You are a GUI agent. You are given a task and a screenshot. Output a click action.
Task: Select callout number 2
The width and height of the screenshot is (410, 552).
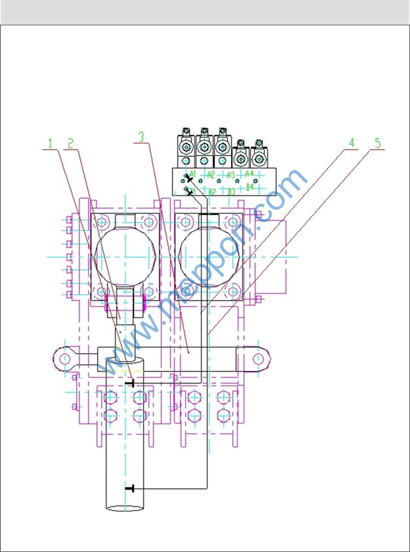coord(70,142)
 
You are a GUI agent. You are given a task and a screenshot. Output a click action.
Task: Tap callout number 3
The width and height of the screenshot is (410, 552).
coord(141,137)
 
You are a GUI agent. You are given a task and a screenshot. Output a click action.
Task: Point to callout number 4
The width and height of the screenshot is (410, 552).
coord(352,142)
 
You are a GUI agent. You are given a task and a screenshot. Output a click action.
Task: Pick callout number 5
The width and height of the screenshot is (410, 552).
coord(377,142)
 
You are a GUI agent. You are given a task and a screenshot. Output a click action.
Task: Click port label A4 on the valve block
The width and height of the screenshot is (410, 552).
coord(249,174)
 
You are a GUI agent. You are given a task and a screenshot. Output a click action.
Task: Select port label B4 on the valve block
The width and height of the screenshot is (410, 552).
coord(249,187)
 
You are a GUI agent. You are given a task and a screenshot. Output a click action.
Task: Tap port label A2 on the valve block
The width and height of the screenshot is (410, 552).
coord(210,175)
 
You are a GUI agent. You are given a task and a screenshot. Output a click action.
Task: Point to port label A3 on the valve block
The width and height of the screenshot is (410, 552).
coord(230,175)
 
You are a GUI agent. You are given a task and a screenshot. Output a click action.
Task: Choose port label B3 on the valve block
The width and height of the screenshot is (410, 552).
coord(231,192)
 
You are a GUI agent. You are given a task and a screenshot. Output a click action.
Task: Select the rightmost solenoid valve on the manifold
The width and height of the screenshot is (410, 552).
coord(258,156)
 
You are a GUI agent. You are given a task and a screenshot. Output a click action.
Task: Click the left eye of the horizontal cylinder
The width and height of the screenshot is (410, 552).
coord(64,358)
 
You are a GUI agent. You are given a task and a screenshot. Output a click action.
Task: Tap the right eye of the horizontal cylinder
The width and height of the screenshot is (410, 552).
coord(258,358)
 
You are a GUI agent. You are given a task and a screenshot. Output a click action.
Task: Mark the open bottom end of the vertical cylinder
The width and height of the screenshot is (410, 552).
coord(125,507)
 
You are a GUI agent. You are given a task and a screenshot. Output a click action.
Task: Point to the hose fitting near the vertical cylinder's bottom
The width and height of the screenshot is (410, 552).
coord(130,488)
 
